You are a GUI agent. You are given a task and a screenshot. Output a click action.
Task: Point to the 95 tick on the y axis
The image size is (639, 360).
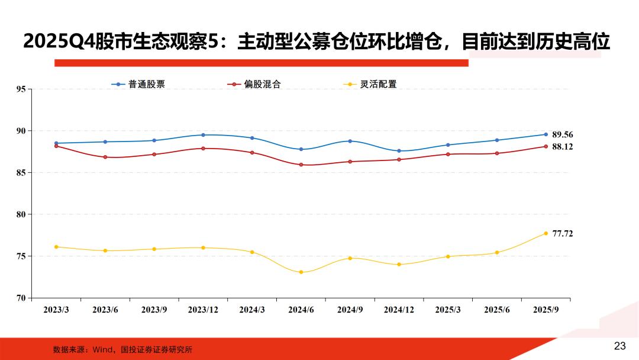(21, 89)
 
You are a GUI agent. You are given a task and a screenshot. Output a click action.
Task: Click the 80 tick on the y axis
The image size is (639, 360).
(21, 214)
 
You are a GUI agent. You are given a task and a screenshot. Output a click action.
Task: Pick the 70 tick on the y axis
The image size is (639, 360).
(21, 298)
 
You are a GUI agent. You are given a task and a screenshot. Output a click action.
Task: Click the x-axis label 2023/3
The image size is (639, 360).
(57, 310)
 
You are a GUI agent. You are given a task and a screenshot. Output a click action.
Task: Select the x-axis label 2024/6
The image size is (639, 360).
(301, 310)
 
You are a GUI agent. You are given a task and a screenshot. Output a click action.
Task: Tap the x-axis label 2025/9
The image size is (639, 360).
(546, 310)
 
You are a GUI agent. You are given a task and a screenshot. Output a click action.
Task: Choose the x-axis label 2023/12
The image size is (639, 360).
(203, 310)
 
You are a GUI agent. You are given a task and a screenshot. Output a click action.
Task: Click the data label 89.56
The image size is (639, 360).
(563, 134)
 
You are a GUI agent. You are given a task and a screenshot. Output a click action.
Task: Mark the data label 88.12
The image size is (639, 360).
(563, 146)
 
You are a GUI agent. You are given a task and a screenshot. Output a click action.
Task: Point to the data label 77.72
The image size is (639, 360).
(563, 234)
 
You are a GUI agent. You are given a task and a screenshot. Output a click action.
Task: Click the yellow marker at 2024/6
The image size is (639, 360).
(301, 272)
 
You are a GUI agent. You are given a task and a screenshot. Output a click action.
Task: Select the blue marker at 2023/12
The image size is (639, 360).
(203, 135)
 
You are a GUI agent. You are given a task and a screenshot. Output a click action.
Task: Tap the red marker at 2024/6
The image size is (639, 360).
(301, 165)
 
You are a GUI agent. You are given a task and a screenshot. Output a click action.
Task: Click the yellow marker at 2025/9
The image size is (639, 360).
(546, 233)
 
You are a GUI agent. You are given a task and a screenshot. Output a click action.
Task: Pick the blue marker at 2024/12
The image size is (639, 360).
(399, 151)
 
